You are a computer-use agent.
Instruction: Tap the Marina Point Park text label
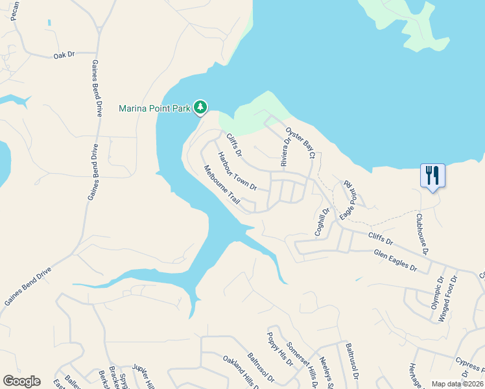click(154, 108)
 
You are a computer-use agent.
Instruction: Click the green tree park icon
click(201, 107)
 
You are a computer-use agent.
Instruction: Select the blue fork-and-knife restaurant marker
click(432, 175)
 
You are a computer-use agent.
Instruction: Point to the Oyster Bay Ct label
click(300, 143)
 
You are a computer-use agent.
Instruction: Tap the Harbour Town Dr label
click(237, 171)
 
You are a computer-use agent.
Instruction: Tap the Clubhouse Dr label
click(423, 233)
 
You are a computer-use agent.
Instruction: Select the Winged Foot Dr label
click(449, 298)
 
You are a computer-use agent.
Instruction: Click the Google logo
click(21, 381)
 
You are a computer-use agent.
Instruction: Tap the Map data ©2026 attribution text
click(456, 384)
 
